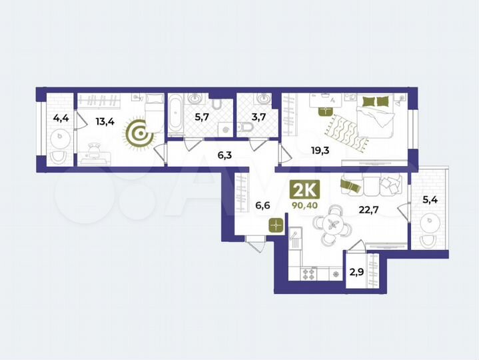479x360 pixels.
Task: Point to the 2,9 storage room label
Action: pyautogui.click(x=358, y=272)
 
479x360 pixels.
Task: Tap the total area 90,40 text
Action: pyautogui.click(x=305, y=205)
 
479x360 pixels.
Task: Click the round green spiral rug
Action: pyautogui.click(x=140, y=133)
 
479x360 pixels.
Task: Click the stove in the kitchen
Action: pyautogui.click(x=310, y=273)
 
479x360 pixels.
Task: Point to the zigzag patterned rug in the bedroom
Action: pyautogui.click(x=346, y=131)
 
